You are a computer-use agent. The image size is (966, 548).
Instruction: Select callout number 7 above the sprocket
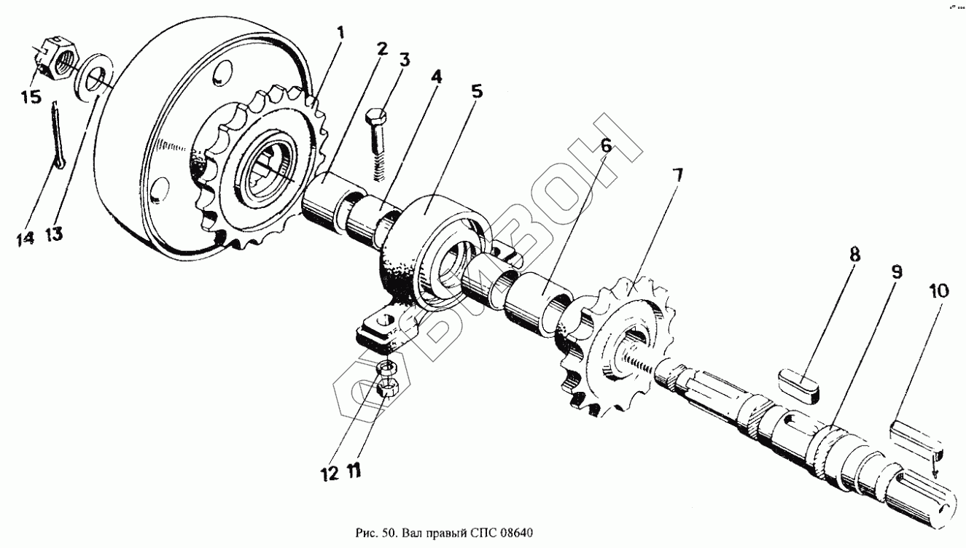677,175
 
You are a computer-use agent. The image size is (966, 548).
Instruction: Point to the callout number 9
895,272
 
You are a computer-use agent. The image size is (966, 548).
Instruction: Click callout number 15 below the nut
31,97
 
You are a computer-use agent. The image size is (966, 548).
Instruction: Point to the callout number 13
53,234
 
